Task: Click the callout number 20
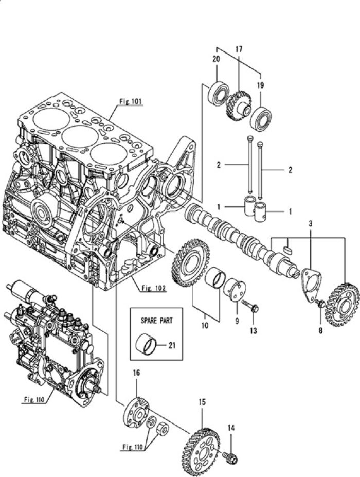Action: pos(216,59)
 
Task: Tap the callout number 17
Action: pos(239,49)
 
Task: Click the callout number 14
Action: pos(231,427)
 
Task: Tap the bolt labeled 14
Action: pos(230,456)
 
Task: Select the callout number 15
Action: pos(203,399)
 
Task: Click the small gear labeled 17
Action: pos(238,106)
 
